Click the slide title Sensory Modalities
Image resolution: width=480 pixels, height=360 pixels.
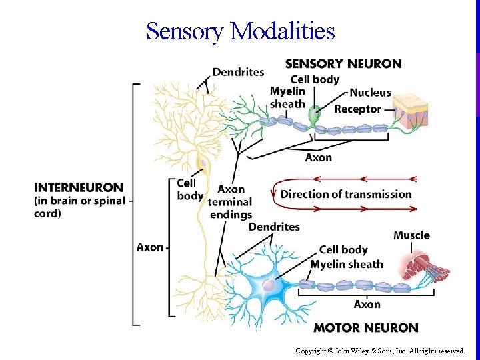(x=240, y=31)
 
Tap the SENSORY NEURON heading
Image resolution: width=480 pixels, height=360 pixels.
(x=343, y=64)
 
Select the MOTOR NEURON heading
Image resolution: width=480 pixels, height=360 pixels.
(x=365, y=327)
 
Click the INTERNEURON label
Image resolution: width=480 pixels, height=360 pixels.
(x=79, y=187)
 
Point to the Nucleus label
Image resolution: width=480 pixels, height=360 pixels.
(x=370, y=93)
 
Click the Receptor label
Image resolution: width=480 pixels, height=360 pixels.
(x=357, y=109)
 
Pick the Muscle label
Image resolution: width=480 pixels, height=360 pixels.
(x=411, y=235)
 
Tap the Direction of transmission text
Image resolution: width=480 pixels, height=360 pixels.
(x=346, y=194)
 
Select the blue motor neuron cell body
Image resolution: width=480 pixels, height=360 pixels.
(x=269, y=285)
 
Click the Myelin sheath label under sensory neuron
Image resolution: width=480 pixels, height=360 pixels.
(x=287, y=97)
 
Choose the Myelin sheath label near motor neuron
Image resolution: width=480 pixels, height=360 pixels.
(x=347, y=264)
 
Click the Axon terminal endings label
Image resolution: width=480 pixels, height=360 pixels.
(x=230, y=201)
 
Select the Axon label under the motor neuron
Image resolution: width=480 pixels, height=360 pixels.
(x=367, y=304)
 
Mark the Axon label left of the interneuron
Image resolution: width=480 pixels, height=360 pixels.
(x=150, y=247)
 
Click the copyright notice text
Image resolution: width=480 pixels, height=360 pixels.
(x=380, y=350)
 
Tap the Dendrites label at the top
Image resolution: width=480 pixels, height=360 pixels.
(x=238, y=72)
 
